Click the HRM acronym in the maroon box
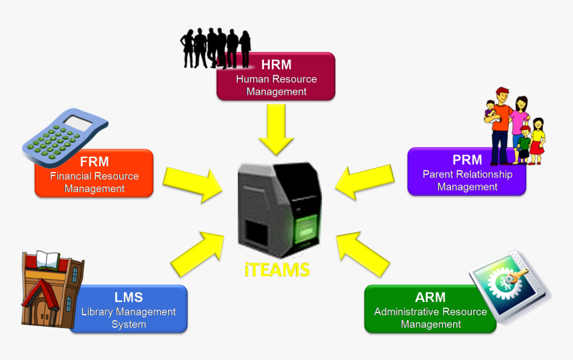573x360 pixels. point(276,65)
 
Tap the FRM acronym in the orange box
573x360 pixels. point(94,162)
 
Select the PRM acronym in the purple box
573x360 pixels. point(467,160)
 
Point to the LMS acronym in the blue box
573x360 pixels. point(129,297)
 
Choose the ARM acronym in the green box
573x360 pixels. point(430,297)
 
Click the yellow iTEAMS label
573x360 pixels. point(277,270)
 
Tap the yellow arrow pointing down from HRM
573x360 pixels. point(276,128)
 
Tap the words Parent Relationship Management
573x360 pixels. point(467,181)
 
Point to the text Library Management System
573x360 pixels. point(129,318)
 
